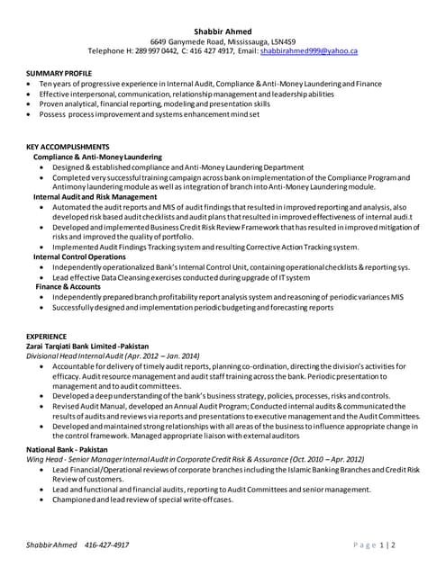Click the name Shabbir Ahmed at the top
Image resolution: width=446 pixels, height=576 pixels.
click(223, 31)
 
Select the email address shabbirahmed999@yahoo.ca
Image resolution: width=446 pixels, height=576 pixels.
click(309, 52)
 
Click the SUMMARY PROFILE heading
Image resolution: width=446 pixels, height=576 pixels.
click(59, 72)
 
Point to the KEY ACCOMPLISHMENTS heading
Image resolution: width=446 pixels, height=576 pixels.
click(68, 147)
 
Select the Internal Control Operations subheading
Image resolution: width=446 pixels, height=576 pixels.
click(80, 256)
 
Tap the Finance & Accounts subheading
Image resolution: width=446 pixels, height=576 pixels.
click(68, 286)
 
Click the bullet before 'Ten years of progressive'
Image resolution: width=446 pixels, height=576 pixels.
click(31, 83)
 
